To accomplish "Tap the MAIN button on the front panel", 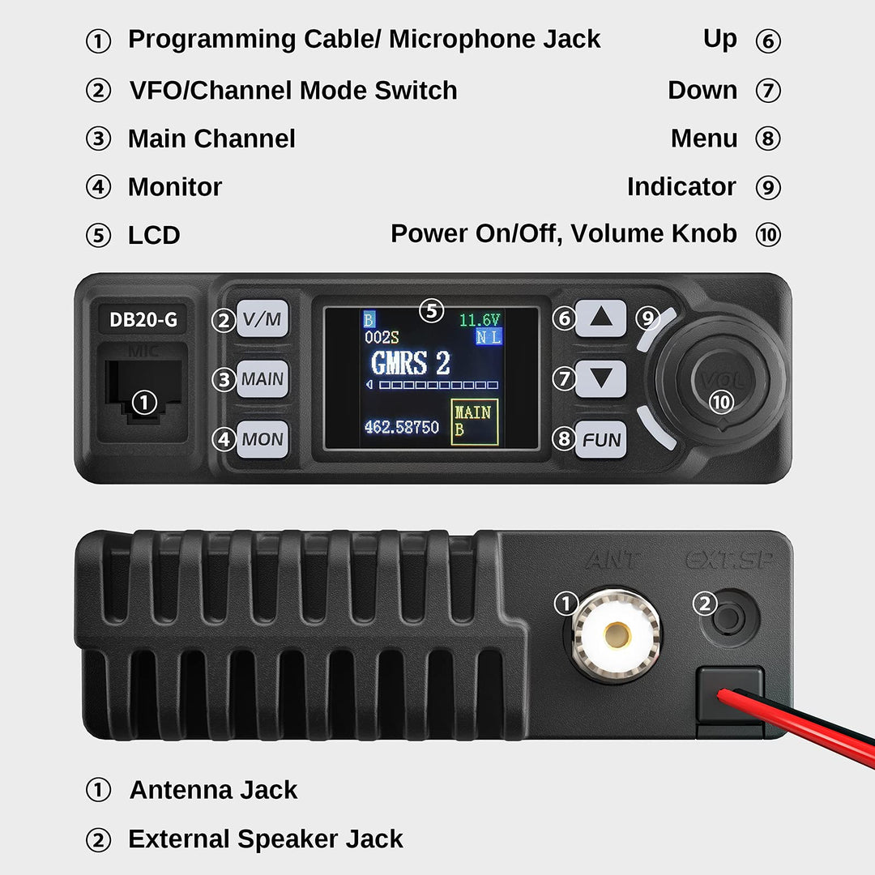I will [x=262, y=378].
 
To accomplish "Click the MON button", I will [x=262, y=439].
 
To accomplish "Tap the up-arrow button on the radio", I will [x=601, y=318].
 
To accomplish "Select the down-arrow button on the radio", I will [x=601, y=378].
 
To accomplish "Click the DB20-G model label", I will [x=143, y=320].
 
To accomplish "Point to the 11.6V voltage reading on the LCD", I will [x=480, y=320].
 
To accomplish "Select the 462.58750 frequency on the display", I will [x=401, y=427].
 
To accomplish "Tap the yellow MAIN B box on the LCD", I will [x=474, y=421].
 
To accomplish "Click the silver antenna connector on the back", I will [x=617, y=634].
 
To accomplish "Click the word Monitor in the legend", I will [x=175, y=187].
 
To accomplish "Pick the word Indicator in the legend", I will [x=681, y=187].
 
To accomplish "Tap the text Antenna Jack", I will [x=214, y=790].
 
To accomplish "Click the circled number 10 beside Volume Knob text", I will [x=768, y=235].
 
